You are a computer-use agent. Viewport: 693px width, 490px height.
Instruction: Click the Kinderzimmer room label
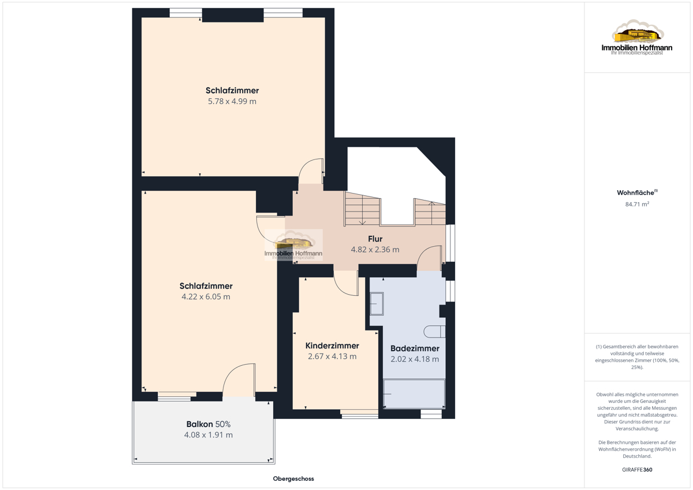[332, 346]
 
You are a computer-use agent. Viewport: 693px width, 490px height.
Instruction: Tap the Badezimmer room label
[415, 348]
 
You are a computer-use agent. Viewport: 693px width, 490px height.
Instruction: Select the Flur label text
[375, 239]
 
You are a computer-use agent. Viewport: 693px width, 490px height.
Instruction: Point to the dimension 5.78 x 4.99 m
[232, 102]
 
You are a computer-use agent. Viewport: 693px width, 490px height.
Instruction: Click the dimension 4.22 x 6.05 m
[206, 297]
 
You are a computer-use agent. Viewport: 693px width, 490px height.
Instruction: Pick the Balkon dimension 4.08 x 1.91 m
[208, 435]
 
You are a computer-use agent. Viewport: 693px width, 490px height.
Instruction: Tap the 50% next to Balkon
[223, 424]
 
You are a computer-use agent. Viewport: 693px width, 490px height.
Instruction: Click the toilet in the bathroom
[434, 332]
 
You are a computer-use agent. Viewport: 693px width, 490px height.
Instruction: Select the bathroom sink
[377, 304]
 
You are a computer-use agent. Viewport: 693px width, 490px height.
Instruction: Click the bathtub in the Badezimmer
[414, 394]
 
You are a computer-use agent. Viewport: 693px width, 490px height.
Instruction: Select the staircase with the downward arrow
[362, 209]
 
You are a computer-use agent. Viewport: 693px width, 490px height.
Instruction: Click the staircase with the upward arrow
[430, 211]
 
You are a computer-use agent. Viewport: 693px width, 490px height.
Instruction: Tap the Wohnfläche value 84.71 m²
[637, 205]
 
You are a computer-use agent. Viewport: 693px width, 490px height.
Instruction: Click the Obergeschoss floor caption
[293, 479]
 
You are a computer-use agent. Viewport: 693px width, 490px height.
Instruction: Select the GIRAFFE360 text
[637, 470]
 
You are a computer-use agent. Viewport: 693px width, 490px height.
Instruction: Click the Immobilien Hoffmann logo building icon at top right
[638, 32]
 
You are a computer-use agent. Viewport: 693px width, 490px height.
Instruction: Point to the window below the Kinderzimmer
[359, 414]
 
